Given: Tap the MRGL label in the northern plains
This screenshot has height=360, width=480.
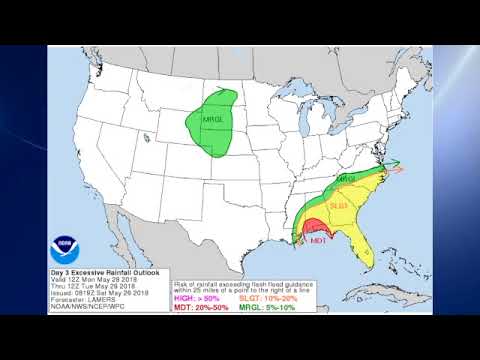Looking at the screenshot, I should (213, 118).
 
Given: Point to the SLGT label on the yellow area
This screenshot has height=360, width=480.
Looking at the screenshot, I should (338, 206).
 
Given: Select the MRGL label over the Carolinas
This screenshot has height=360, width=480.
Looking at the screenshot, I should (347, 179).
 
